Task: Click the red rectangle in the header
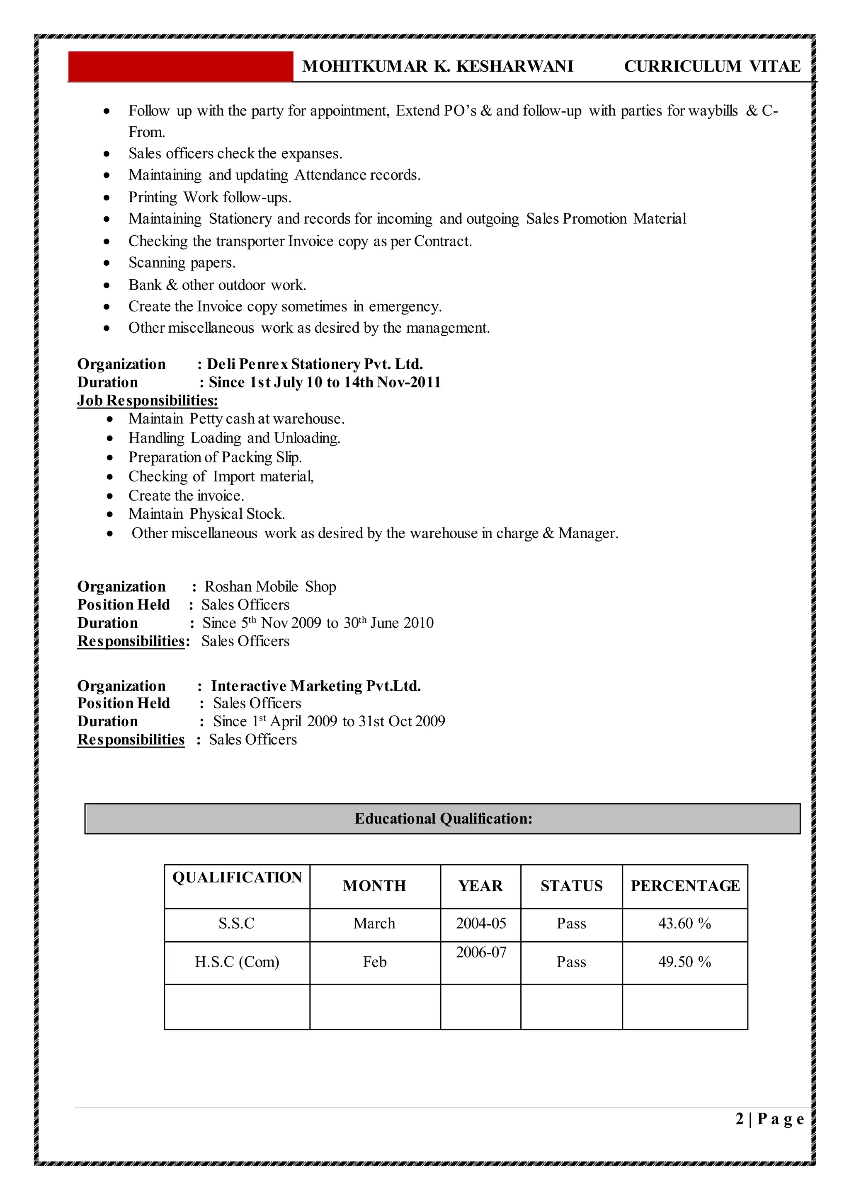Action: [180, 66]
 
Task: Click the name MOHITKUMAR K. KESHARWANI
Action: [438, 66]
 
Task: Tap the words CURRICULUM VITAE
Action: [712, 66]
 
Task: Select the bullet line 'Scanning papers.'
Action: [182, 263]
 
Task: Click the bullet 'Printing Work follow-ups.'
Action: [210, 198]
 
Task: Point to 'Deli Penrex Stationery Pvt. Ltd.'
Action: [315, 364]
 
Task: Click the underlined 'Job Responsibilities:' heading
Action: [148, 401]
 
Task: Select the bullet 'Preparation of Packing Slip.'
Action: [215, 457]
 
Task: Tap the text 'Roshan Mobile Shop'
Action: [270, 587]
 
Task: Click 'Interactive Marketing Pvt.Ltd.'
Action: [316, 686]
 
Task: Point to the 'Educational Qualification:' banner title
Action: [443, 819]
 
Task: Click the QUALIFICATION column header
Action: [237, 877]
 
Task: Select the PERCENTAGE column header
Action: [685, 886]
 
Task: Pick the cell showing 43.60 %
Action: [684, 923]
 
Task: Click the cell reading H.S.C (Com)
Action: [237, 962]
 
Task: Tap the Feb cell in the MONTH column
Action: [374, 962]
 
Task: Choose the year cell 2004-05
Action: [480, 923]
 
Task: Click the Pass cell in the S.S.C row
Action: [571, 923]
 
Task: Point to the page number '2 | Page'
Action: [769, 1119]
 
